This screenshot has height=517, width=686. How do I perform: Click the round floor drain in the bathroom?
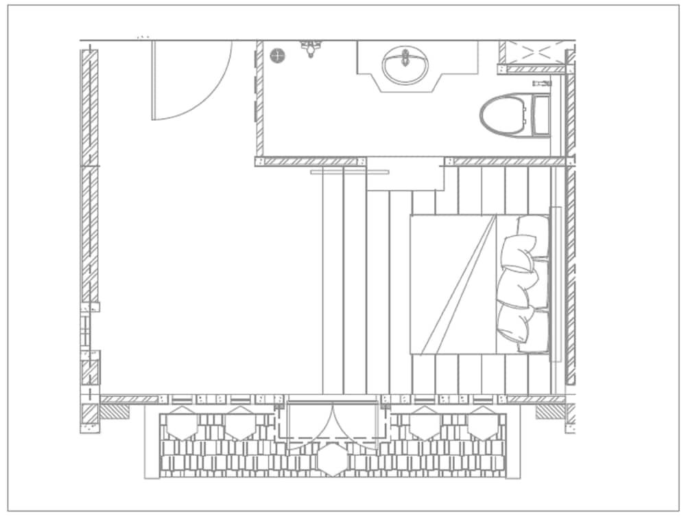pos(277,56)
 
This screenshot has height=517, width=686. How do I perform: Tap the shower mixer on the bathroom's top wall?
pos(311,47)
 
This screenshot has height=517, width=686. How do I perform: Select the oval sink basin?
pos(405,65)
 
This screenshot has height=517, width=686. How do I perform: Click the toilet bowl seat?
pos(504,115)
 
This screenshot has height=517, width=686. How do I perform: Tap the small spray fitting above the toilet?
pos(541,82)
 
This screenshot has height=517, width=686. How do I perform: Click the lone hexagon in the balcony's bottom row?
pos(332,461)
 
